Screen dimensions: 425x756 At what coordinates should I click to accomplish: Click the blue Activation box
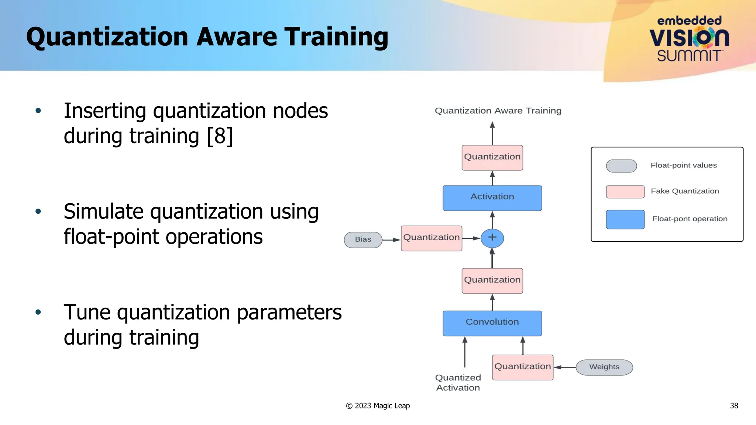(492, 198)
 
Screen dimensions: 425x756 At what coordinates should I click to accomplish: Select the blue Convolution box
(492, 323)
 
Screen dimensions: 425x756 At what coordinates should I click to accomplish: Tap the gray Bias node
(363, 240)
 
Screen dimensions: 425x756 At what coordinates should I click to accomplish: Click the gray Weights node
(604, 367)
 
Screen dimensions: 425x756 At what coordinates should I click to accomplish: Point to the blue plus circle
(492, 238)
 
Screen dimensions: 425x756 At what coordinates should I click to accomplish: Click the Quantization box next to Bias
(431, 238)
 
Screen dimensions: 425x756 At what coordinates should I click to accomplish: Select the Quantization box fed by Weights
(522, 367)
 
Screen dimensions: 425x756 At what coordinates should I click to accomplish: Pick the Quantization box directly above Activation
(492, 158)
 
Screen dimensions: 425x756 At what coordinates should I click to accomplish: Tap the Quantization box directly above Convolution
(492, 281)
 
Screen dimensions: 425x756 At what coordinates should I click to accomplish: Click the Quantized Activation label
(458, 383)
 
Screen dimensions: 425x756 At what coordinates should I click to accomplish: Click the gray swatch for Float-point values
(621, 166)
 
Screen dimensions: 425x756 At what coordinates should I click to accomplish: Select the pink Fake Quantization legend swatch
(625, 192)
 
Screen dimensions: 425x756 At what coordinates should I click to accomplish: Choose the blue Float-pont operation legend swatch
(625, 220)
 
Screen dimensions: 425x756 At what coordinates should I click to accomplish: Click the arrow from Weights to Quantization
(565, 367)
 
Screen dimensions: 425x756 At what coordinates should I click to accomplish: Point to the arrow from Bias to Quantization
(391, 240)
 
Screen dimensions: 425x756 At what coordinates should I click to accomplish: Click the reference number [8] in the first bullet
(220, 136)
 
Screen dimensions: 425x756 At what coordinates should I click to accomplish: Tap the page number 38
(734, 406)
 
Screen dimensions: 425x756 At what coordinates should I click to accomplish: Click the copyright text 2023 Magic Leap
(378, 406)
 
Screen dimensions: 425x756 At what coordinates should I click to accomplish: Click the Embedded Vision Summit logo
(689, 39)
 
